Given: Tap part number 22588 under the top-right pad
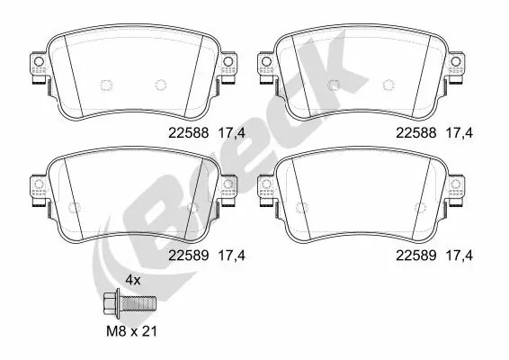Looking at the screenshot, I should tap(415, 132).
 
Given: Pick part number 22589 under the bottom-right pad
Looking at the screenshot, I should tap(415, 255).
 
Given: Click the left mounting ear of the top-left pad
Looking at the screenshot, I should tap(38, 67).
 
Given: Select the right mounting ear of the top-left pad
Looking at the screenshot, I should tap(228, 67).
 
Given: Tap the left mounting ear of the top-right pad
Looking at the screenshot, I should tap(267, 67).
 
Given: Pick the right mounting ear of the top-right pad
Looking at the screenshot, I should tap(457, 67).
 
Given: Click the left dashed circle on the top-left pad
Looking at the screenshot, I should tap(104, 85).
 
